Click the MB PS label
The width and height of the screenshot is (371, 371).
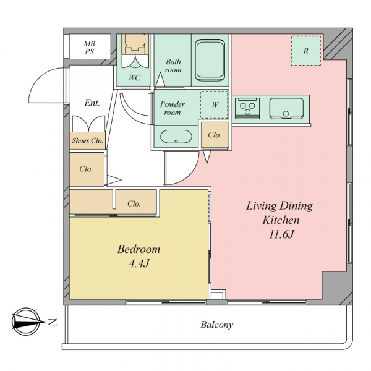click(90, 48)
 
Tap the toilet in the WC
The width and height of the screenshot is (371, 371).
click(135, 44)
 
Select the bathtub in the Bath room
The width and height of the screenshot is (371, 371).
click(210, 61)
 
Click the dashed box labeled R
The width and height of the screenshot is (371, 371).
click(306, 51)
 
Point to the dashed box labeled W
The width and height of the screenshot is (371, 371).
click(215, 105)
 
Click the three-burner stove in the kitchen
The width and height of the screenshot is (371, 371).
click(247, 109)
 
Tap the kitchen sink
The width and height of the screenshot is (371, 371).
click(286, 109)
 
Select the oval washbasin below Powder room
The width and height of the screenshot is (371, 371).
click(176, 137)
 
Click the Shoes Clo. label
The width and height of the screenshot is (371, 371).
click(88, 140)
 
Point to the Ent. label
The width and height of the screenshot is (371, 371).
click(92, 103)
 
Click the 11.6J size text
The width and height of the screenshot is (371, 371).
click(281, 234)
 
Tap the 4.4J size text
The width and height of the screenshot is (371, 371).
click(139, 263)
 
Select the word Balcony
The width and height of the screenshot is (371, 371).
click(217, 325)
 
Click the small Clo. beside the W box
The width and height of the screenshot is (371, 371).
click(215, 135)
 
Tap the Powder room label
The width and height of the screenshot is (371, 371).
click(173, 108)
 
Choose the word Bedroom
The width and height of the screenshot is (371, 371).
click(139, 249)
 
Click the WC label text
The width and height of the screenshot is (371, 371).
click(134, 78)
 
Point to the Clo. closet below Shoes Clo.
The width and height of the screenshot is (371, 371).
click(87, 169)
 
